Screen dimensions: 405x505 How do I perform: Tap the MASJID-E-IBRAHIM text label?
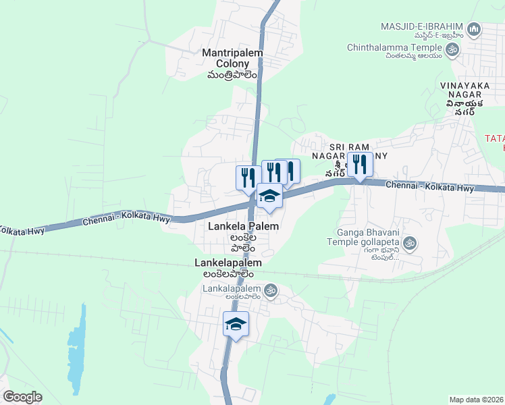pos(423,27)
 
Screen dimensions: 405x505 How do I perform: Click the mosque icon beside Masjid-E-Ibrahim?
pos(474,30)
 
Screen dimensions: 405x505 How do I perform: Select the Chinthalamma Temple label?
pos(394,48)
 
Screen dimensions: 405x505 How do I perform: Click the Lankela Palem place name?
pos(243,227)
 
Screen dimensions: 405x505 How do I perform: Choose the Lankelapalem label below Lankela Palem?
pos(228,261)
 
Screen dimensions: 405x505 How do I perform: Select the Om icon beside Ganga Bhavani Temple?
pos(408,242)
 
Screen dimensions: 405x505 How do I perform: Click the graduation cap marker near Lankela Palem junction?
pos(269,196)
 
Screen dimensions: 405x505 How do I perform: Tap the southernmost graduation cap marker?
pos(236,325)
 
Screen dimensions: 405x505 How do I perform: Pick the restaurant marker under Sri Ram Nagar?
pos(360,165)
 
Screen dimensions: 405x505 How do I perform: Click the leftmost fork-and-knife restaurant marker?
pos(246,178)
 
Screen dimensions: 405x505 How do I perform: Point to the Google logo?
pos(22,397)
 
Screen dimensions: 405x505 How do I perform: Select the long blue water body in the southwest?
pos(78,351)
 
